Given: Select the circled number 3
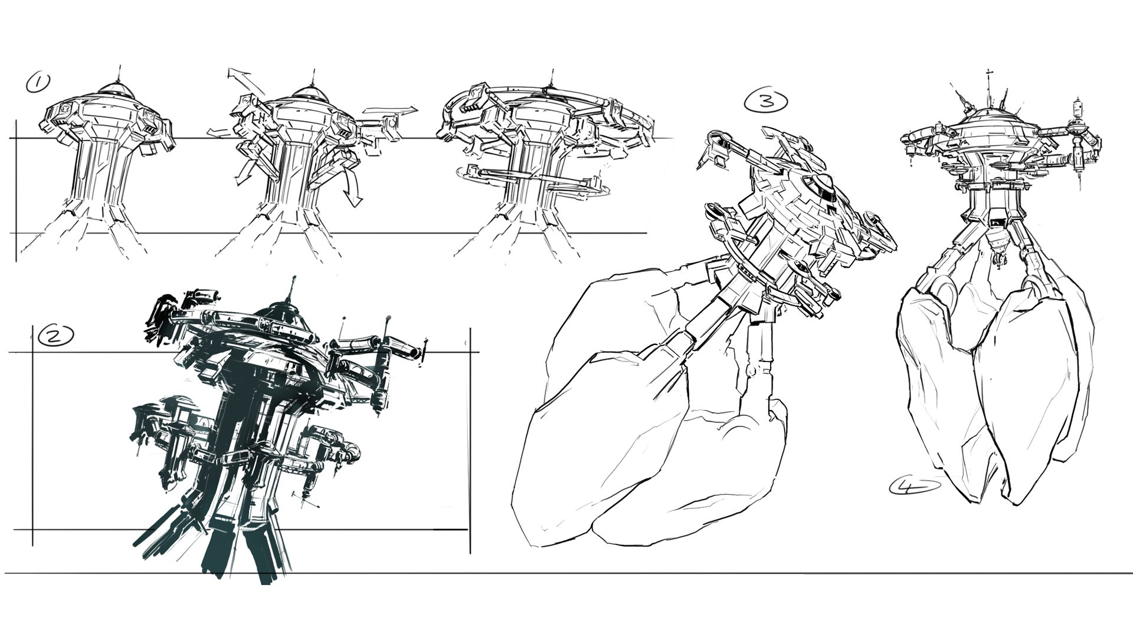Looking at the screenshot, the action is click(766, 101).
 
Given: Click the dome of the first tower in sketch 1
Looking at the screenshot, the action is click(116, 88).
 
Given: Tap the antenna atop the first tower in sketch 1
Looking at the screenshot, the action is click(119, 74).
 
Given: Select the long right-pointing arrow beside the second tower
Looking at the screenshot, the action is click(390, 110).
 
